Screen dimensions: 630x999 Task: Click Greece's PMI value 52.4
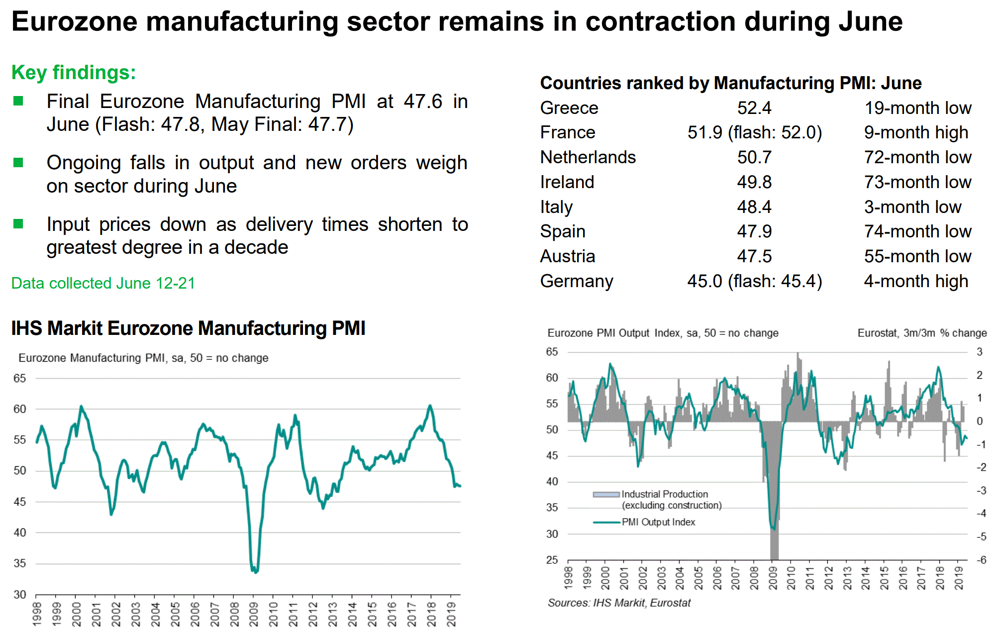point(754,108)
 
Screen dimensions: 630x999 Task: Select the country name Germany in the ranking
point(577,281)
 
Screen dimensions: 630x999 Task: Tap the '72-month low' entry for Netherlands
point(917,157)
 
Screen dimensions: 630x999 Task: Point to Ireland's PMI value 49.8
point(754,182)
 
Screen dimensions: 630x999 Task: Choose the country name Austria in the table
point(568,256)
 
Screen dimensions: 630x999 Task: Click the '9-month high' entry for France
point(916,132)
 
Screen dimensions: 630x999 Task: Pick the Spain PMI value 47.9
point(754,231)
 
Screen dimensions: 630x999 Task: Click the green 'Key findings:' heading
point(74,73)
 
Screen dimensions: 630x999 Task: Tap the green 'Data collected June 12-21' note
point(103,283)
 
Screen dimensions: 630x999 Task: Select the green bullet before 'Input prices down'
point(18,224)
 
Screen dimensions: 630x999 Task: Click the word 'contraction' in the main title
point(661,22)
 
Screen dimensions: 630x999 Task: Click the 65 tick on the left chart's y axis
point(19,379)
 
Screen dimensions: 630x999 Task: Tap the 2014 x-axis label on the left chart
point(353,614)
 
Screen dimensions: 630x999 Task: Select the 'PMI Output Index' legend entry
point(658,522)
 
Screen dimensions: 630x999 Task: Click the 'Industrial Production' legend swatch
point(606,494)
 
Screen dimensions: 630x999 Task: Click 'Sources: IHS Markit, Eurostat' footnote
point(619,603)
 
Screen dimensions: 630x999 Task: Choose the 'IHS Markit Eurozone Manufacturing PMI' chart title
point(188,328)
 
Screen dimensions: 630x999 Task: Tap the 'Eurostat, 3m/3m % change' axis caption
point(922,333)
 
